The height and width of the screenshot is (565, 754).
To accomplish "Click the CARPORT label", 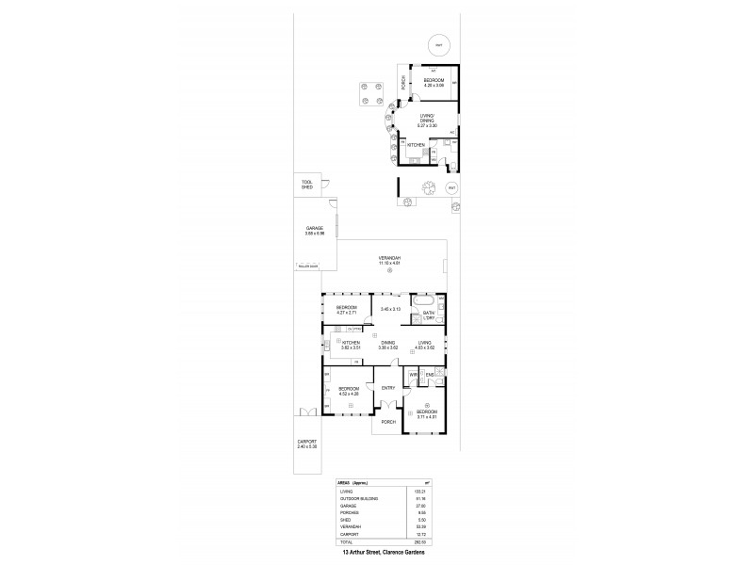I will coord(307,444).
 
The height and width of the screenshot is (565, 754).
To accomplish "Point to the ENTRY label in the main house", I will coord(387,388).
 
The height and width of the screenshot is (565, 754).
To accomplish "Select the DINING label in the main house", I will coord(387,343).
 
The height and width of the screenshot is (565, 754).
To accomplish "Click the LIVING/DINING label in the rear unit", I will coord(427,118).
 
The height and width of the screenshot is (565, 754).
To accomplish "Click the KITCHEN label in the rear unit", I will coord(416,145).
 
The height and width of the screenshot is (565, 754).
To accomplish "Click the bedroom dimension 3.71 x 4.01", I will coord(427,416).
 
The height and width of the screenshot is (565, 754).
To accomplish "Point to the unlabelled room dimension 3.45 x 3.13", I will coord(390,308).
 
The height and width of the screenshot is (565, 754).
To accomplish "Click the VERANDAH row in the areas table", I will coord(349,525).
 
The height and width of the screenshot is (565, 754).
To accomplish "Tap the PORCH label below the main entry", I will coord(386,422).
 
